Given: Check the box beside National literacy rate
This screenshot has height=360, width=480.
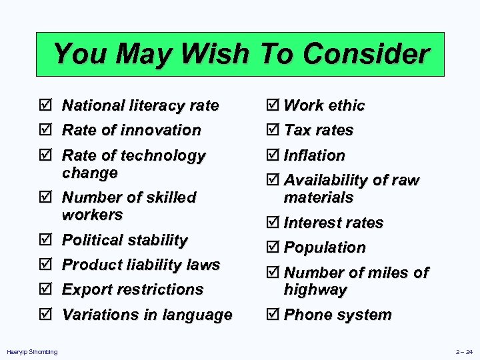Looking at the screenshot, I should pyautogui.click(x=44, y=105).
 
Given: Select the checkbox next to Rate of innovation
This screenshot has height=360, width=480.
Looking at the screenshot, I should pyautogui.click(x=44, y=130).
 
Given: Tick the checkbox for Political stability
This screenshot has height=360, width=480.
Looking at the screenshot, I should pyautogui.click(x=44, y=240).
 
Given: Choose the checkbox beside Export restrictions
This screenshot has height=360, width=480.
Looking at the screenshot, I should pyautogui.click(x=44, y=289).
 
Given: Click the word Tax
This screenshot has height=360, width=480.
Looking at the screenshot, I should pyautogui.click(x=296, y=130).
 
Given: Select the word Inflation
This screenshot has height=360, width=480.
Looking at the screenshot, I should pyautogui.click(x=315, y=155).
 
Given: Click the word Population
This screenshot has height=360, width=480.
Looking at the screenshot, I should pyautogui.click(x=325, y=247).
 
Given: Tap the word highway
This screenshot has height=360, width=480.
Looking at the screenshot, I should pyautogui.click(x=315, y=289).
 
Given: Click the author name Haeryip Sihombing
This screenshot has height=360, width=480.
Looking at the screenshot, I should pyautogui.click(x=31, y=352).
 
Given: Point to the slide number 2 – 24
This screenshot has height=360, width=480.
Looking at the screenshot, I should pyautogui.click(x=464, y=352).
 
